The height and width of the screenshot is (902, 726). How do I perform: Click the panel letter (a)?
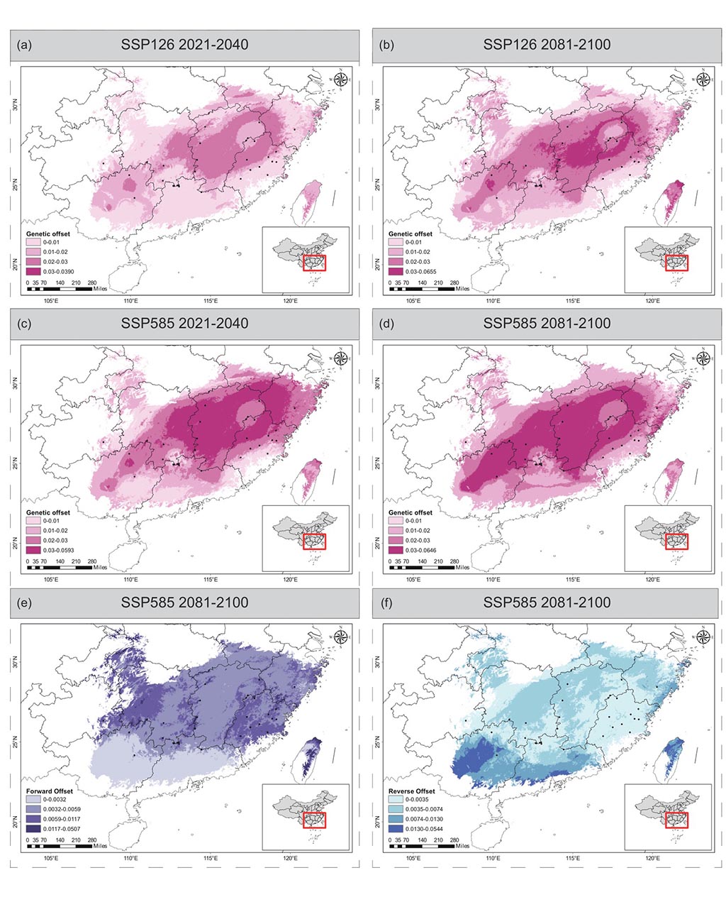click(24, 45)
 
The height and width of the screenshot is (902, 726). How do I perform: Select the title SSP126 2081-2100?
click(546, 45)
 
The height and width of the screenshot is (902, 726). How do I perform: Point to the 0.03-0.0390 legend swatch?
click(33, 270)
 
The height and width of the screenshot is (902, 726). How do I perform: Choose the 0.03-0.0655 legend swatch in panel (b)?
click(396, 270)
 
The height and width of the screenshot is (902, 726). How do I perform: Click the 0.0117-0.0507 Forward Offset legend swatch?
click(33, 827)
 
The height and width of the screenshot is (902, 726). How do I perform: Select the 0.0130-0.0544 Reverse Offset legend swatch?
click(396, 827)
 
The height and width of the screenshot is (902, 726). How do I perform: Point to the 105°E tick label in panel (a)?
click(50, 300)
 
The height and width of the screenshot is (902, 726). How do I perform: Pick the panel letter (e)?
click(24, 603)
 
